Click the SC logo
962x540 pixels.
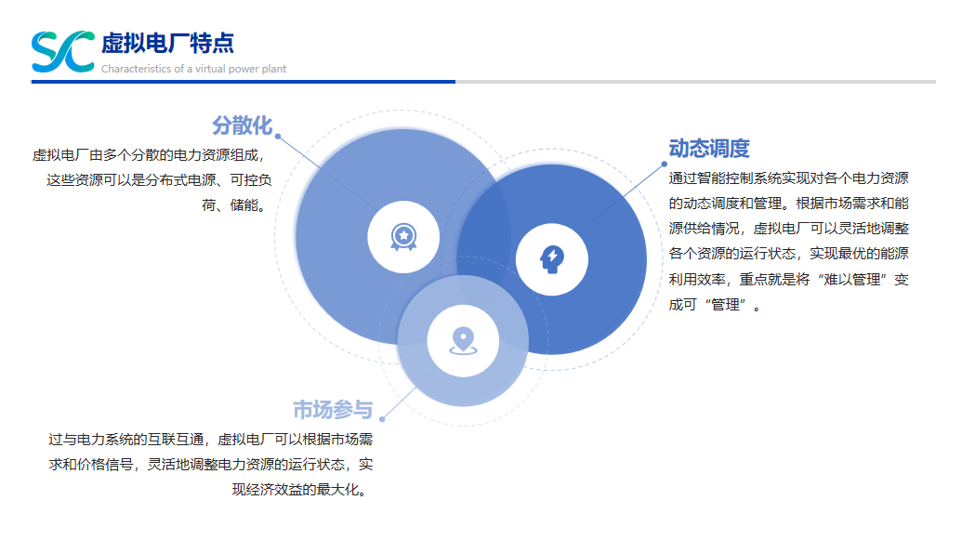63,51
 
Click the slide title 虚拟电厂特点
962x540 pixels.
167,43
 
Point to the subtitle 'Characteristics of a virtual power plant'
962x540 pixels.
194,69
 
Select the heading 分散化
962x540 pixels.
243,125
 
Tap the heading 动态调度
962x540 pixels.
709,149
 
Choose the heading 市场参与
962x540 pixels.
333,409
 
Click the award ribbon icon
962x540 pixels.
403,237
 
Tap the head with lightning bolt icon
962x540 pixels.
552,259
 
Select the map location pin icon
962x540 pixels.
463,341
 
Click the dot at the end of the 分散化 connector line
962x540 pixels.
278,137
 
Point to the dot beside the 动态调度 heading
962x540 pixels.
664,164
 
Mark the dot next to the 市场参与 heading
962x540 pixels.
382,419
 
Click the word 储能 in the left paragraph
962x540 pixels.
244,205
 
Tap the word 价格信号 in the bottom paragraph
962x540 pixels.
105,465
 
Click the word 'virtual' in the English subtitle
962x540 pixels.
210,69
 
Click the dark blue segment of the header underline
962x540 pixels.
243,82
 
